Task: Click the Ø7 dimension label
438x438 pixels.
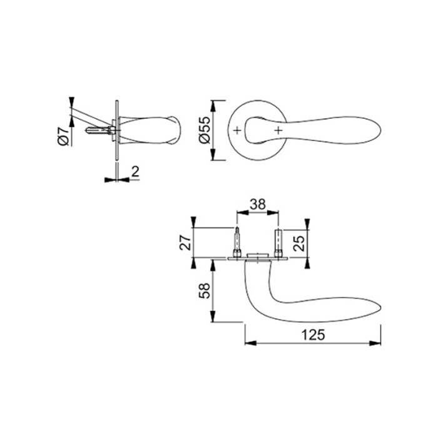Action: pos(63,136)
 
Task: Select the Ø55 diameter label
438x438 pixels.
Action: pos(205,130)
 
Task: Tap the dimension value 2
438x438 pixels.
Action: pos(135,171)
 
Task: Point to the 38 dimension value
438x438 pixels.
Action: pos(258,204)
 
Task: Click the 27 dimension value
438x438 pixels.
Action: pos(185,242)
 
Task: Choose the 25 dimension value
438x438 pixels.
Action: pos(298,243)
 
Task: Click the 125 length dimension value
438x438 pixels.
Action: pos(313,335)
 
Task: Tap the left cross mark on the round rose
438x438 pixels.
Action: pos(237,130)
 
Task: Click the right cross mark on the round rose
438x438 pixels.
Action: pos(278,130)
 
